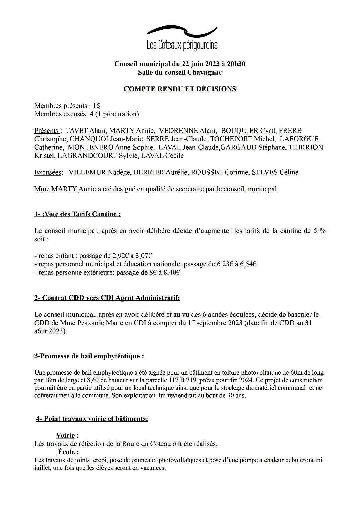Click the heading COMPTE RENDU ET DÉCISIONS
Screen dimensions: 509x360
[180, 89]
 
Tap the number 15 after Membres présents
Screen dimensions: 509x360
[96, 106]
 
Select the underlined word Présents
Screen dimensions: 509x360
[47, 131]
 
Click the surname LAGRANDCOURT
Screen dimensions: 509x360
[87, 156]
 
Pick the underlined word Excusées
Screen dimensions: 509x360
[48, 172]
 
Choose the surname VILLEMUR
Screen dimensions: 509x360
[87, 172]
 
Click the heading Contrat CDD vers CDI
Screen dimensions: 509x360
[107, 298]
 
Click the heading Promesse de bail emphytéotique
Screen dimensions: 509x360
[89, 356]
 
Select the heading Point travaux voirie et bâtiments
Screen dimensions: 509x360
[92, 419]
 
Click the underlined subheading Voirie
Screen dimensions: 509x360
[66, 436]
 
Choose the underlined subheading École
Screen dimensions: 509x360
[66, 452]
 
